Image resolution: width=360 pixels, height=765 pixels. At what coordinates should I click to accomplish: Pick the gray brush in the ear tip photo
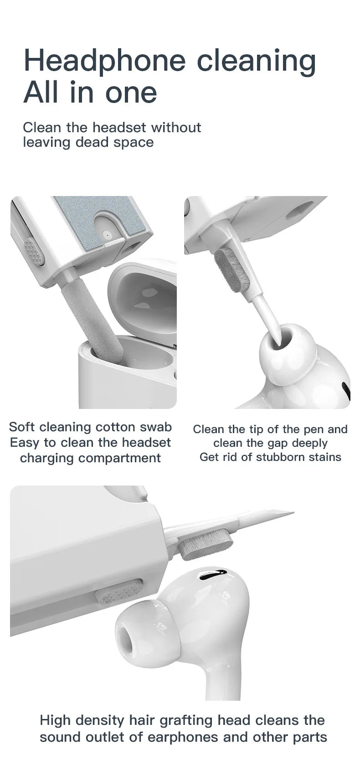232,270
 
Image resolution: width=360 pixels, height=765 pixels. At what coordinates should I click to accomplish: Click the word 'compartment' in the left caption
90,458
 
